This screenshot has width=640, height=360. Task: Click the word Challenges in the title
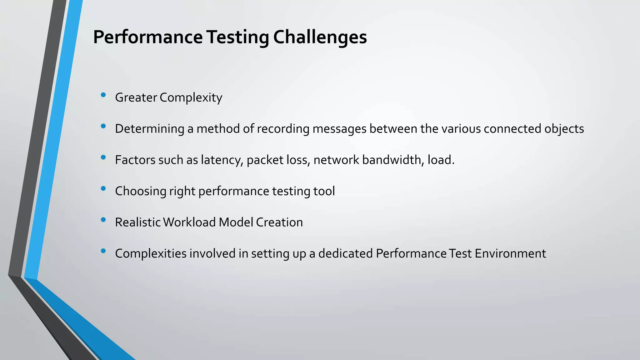pos(320,37)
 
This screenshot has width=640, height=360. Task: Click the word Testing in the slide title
pos(237,37)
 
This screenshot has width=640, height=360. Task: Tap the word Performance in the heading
pos(148,37)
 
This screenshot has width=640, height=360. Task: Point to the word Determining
pos(149,129)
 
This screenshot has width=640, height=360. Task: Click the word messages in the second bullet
pos(339,129)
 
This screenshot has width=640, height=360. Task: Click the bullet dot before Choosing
pos(103,188)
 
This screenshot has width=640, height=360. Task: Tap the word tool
pos(324,191)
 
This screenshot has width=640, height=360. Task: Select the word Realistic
pos(137,222)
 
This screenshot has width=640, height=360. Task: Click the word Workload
pos(189,222)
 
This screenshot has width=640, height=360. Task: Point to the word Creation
pos(279,222)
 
